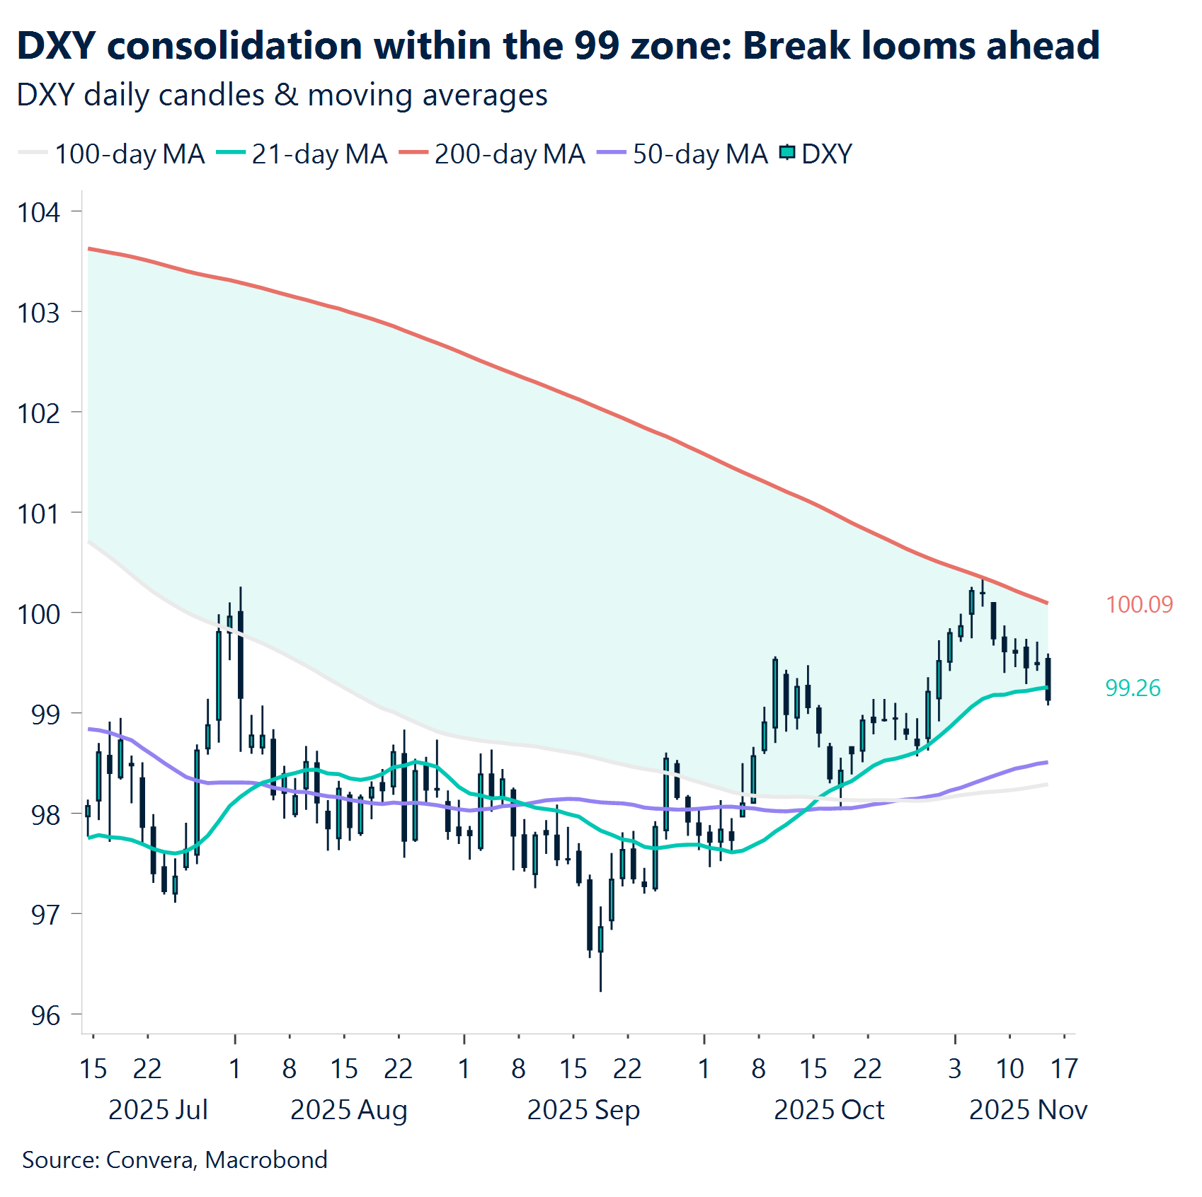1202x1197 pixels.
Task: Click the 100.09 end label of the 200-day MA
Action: [1139, 605]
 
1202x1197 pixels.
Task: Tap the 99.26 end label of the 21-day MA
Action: [1133, 688]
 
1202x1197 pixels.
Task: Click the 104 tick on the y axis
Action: [39, 213]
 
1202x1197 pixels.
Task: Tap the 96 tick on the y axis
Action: [45, 1016]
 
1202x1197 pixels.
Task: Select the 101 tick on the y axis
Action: [39, 514]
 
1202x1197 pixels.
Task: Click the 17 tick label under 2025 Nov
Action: [1064, 1068]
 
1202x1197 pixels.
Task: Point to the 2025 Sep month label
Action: [583, 1109]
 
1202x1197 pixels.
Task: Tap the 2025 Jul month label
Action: [158, 1109]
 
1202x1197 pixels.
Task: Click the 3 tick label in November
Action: [955, 1068]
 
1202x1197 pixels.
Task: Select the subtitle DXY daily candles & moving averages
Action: [282, 96]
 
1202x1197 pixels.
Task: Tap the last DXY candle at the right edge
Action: [1048, 678]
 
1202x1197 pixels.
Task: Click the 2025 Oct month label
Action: [829, 1109]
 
